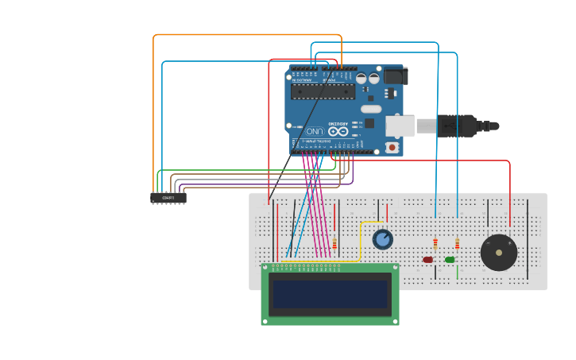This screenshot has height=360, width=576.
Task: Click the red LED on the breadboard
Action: tap(427, 260)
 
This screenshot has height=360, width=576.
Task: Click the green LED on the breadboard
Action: tap(450, 260)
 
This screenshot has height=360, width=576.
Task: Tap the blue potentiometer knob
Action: tap(383, 239)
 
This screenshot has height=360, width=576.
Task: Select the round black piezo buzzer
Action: tap(499, 253)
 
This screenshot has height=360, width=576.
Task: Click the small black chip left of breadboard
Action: tap(168, 198)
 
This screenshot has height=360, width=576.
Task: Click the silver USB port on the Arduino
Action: tap(400, 126)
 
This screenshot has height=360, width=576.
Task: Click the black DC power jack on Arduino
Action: tap(395, 76)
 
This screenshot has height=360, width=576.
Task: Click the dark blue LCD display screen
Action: tap(330, 294)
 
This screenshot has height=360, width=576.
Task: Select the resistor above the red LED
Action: tap(435, 243)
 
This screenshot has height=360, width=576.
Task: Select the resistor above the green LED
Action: tap(457, 243)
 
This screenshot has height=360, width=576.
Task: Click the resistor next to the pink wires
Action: tap(334, 242)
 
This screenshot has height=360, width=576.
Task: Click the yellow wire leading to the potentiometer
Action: tap(361, 238)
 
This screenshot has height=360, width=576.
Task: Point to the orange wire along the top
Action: tap(246, 35)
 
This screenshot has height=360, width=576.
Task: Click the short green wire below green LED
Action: tap(458, 272)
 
